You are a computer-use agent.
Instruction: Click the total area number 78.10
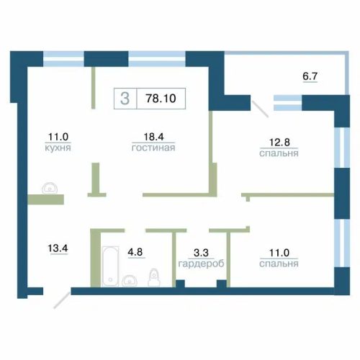[x=161, y=99]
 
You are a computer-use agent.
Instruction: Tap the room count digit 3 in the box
[x=125, y=99]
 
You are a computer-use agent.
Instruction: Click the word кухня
[x=58, y=148]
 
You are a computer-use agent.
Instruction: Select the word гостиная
[x=153, y=148]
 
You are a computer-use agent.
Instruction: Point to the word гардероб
[x=201, y=264]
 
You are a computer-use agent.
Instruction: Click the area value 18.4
[x=153, y=137]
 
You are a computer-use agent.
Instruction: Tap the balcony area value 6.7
[x=310, y=76]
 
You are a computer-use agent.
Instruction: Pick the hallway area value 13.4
[x=58, y=248]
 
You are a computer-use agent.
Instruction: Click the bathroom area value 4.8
[x=135, y=252]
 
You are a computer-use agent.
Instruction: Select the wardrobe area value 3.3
[x=201, y=253]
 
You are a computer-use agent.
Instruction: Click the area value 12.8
[x=279, y=142]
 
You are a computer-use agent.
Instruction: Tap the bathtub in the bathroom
[x=110, y=266]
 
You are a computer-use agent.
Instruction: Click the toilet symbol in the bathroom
[x=154, y=277]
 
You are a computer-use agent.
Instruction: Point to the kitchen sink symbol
[x=50, y=188]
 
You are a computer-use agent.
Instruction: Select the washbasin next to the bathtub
[x=130, y=281]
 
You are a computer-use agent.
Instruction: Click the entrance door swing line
[x=62, y=300]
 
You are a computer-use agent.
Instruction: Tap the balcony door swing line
[x=260, y=109]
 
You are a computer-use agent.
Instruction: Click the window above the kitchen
[x=63, y=59]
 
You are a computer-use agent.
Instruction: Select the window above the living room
[x=157, y=59]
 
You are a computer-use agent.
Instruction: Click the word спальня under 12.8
[x=279, y=153]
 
